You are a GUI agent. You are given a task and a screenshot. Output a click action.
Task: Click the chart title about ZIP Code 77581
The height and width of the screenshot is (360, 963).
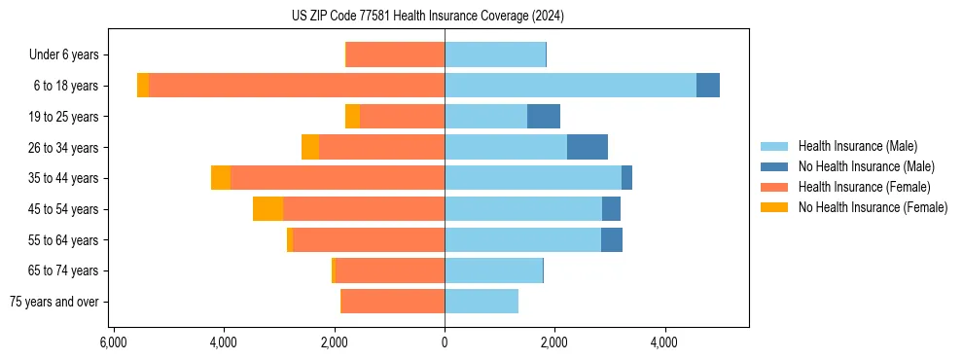427,16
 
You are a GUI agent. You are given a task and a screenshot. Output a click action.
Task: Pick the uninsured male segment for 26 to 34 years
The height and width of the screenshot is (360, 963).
587,147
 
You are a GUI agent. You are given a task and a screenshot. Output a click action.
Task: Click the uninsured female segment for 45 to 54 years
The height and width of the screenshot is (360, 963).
267,209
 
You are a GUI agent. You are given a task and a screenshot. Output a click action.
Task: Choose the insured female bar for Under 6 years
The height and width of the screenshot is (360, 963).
395,54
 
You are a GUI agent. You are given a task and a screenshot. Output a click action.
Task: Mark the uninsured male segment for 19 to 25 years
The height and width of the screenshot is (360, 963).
543,117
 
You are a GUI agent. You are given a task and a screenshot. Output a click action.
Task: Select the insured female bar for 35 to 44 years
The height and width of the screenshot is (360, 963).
338,178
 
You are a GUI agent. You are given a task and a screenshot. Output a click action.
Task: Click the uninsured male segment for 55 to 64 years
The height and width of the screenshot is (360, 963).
611,240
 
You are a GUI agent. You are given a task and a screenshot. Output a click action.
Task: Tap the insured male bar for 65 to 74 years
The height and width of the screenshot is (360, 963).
493,270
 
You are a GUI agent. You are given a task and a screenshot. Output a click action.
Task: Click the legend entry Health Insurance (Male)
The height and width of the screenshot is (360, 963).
857,146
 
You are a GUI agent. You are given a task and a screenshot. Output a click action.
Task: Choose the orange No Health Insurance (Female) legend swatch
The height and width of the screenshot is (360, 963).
775,207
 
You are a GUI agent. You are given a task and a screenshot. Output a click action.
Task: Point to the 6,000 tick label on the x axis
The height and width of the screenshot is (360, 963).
114,343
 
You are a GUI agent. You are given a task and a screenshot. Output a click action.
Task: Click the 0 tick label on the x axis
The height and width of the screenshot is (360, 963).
445,343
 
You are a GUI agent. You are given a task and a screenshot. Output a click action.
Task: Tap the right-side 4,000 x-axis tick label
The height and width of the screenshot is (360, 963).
664,343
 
